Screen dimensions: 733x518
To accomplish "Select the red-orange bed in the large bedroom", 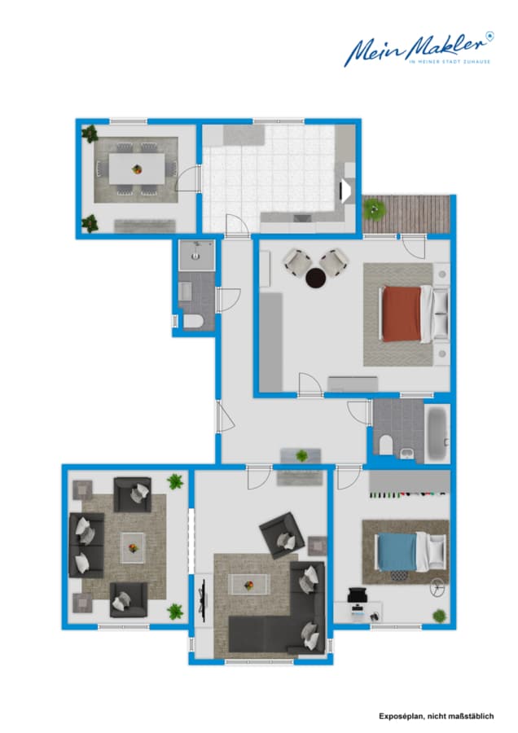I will [402, 313].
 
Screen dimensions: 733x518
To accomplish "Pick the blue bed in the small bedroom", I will [397, 551].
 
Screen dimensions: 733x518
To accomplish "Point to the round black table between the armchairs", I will [314, 279].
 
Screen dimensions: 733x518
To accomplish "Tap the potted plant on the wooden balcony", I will [375, 209].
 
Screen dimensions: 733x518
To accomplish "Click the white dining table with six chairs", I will [135, 169].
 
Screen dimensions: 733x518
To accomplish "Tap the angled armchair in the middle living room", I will [282, 535].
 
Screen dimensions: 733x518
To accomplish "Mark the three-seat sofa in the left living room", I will [86, 545].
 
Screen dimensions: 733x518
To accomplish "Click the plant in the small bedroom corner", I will [439, 616].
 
